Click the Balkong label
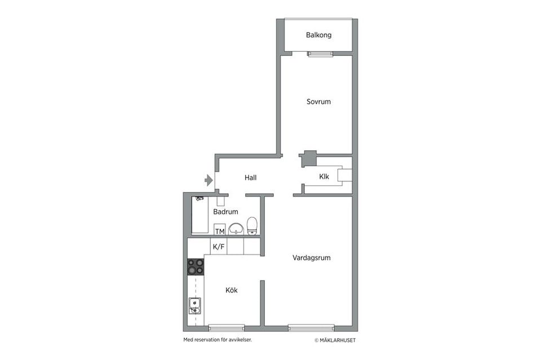pyautogui.click(x=318, y=35)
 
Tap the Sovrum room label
pyautogui.click(x=318, y=102)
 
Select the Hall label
pyautogui.click(x=251, y=177)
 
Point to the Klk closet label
pyautogui.click(x=324, y=176)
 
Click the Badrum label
pyautogui.click(x=225, y=212)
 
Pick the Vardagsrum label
pyautogui.click(x=311, y=258)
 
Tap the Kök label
pyautogui.click(x=232, y=290)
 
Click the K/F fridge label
pyautogui.click(x=218, y=247)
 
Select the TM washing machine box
pyautogui.click(x=220, y=231)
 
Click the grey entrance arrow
pyautogui.click(x=209, y=180)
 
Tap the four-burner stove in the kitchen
pyautogui.click(x=196, y=266)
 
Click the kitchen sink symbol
pyautogui.click(x=194, y=306)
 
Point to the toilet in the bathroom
pyautogui.click(x=252, y=226)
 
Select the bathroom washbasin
pyautogui.click(x=236, y=229)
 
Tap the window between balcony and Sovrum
pyautogui.click(x=321, y=54)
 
